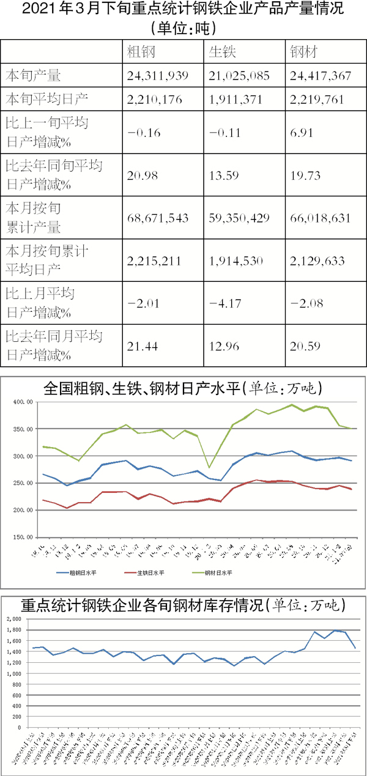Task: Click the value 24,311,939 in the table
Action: pyautogui.click(x=158, y=76)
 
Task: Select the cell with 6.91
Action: pyautogui.click(x=301, y=131)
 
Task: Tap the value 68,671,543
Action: pyautogui.click(x=158, y=218)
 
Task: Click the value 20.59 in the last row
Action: pyautogui.click(x=303, y=346)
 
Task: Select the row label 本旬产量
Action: pyautogui.click(x=33, y=76)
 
